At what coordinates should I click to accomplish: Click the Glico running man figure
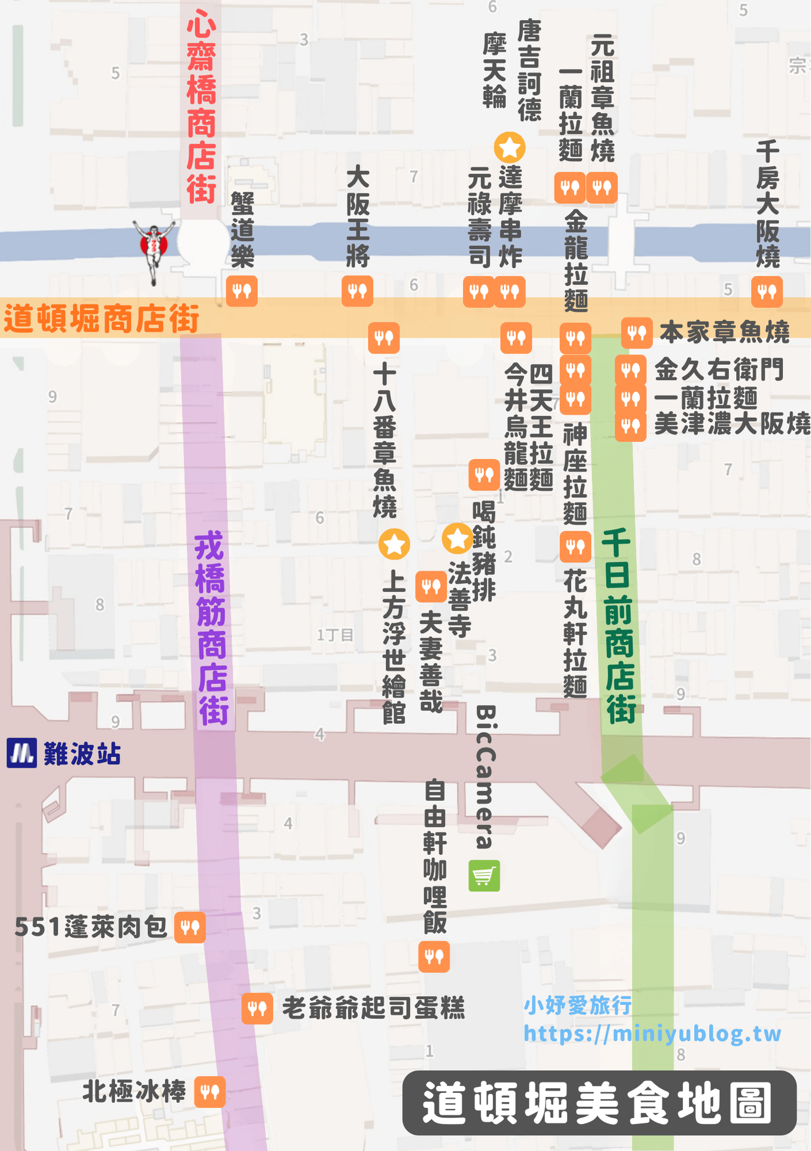coord(154,248)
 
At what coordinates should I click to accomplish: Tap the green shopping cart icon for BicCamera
coord(484,876)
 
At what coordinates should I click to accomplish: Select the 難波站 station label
coord(82,754)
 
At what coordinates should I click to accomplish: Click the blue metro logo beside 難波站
coord(22,753)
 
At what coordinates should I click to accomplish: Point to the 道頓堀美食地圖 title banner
coord(599,1103)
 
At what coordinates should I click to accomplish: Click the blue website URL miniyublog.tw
coord(652,1034)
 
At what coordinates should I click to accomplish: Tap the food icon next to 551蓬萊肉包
coord(190,928)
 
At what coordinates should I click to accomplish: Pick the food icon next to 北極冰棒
coord(210,1092)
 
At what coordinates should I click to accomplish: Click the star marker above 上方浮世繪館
coord(394,544)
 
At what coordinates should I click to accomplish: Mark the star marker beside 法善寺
coord(458,539)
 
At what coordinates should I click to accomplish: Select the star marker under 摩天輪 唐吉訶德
coord(510,147)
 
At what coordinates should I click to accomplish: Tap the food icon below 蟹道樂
coord(242,291)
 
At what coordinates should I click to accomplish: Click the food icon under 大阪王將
coord(357,291)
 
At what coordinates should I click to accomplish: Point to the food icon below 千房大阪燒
coord(767,291)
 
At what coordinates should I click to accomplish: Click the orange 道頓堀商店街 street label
coord(101,319)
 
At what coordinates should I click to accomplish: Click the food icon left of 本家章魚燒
coord(637,333)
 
